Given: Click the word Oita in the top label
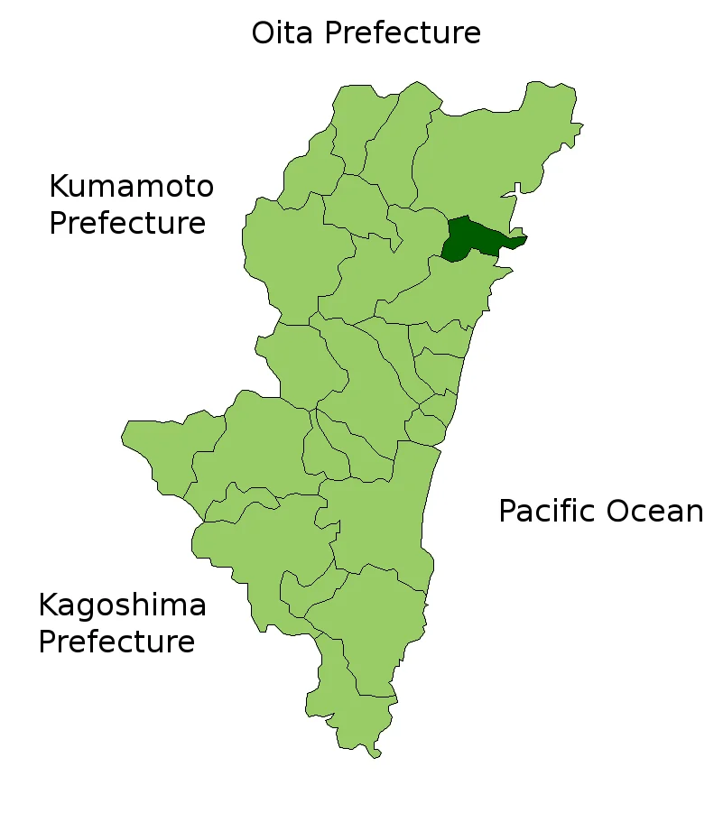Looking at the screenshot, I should [x=283, y=33].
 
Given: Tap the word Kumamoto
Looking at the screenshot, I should [x=131, y=187].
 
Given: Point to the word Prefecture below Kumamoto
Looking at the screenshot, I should [x=127, y=223].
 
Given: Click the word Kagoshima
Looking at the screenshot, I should [x=122, y=605].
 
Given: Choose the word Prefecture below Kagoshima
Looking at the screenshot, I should [x=116, y=642].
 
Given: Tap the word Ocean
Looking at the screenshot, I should [x=654, y=512].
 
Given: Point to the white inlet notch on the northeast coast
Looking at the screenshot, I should [x=517, y=189].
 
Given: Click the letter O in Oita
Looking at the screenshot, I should [x=263, y=33].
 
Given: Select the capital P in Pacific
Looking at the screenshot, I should [x=508, y=512].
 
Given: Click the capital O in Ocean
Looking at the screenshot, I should [x=618, y=512].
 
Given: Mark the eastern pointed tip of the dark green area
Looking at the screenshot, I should [x=526, y=238].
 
